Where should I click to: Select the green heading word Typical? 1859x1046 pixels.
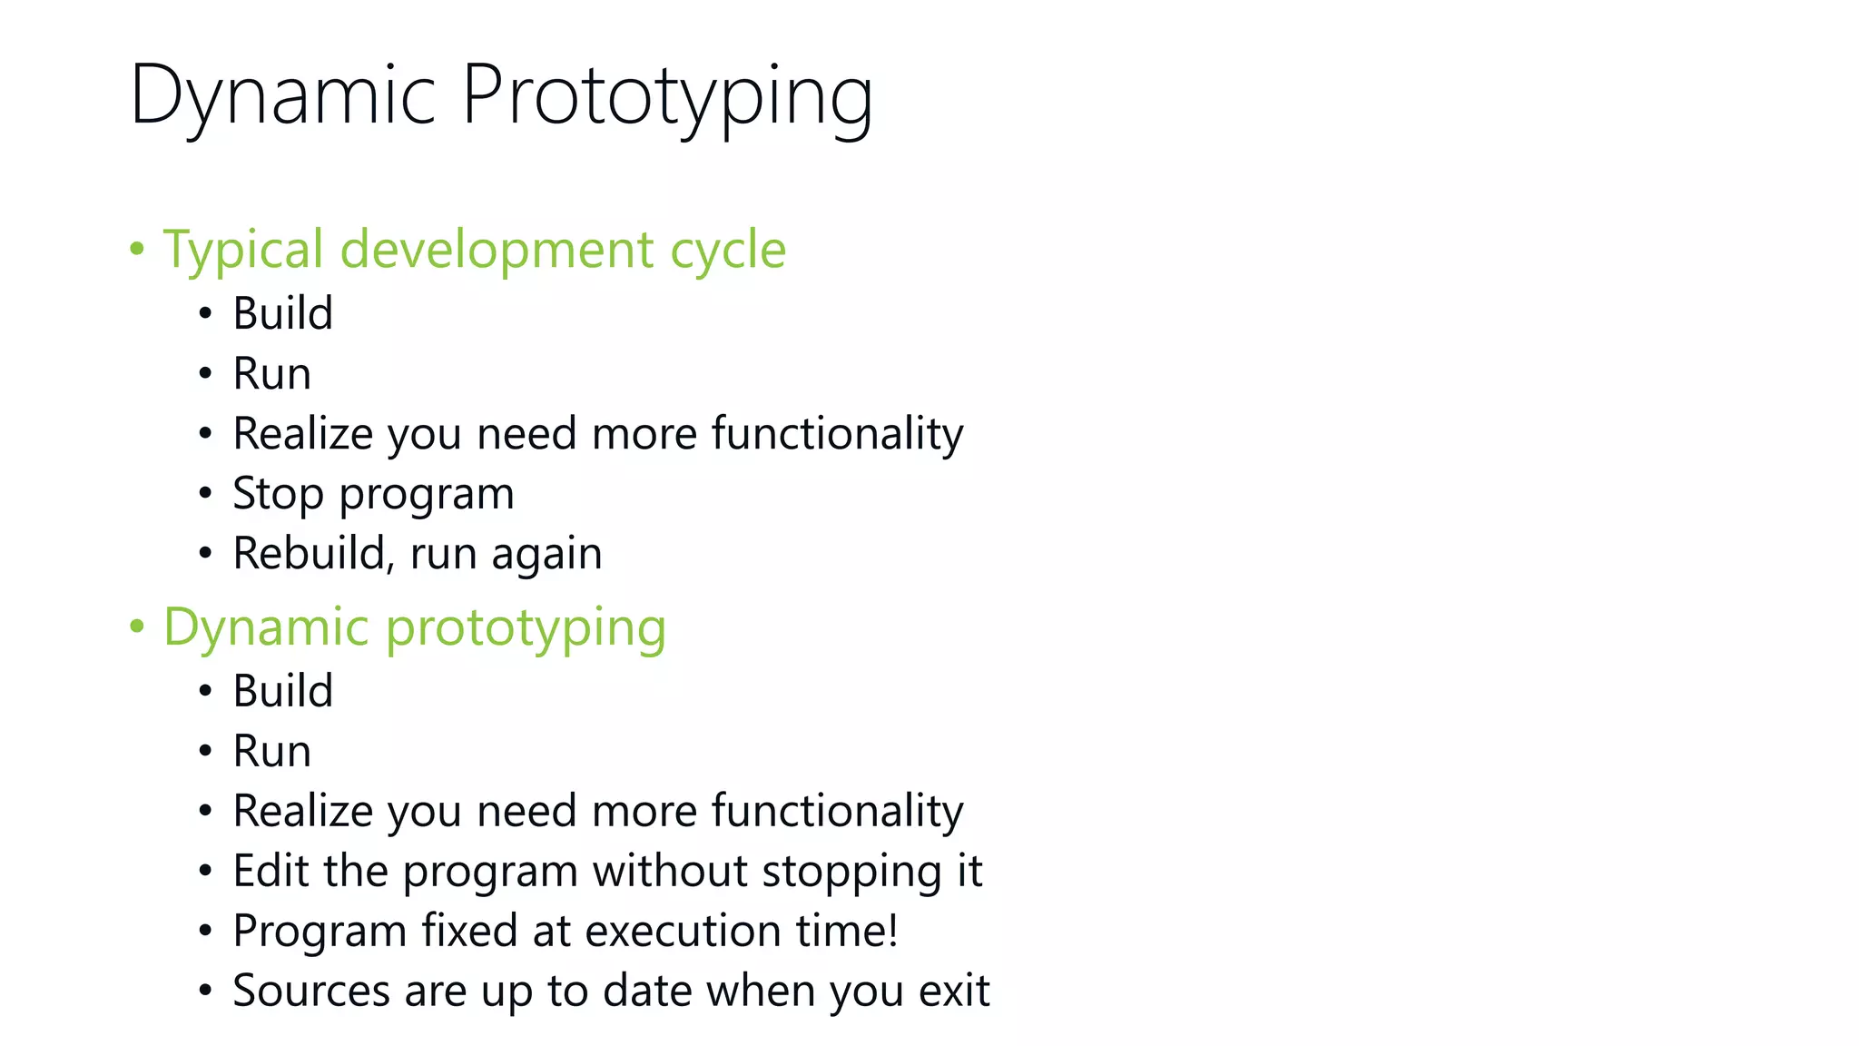[x=242, y=250]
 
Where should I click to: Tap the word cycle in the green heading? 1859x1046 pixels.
[x=727, y=250]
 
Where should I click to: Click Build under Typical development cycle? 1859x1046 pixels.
[x=283, y=313]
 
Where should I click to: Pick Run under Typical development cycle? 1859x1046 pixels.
[x=271, y=373]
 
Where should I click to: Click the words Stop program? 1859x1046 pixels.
[x=373, y=494]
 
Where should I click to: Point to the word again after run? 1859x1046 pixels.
[x=546, y=554]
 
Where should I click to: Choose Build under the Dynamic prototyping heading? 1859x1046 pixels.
[x=283, y=691]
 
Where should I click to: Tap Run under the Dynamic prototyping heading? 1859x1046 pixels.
[x=271, y=751]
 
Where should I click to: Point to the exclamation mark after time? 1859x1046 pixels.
[x=892, y=931]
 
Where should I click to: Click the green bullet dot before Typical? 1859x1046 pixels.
[x=137, y=249]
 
